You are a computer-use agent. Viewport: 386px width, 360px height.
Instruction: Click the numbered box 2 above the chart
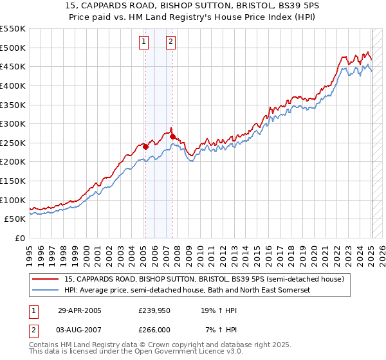[x=170, y=42]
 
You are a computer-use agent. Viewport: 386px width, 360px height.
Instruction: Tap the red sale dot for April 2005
[x=145, y=147]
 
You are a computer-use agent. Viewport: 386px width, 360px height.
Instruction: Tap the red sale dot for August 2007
[x=172, y=136]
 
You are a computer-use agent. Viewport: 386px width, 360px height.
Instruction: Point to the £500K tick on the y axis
[x=14, y=48]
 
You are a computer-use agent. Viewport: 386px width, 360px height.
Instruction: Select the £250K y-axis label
[x=14, y=143]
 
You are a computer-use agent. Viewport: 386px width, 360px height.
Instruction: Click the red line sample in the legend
[x=46, y=280]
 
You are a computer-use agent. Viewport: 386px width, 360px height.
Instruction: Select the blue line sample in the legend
[x=46, y=291]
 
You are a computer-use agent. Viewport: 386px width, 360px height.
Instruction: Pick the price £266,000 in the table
[x=154, y=329]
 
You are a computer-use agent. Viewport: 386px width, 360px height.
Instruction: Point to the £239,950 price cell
[x=154, y=310]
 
